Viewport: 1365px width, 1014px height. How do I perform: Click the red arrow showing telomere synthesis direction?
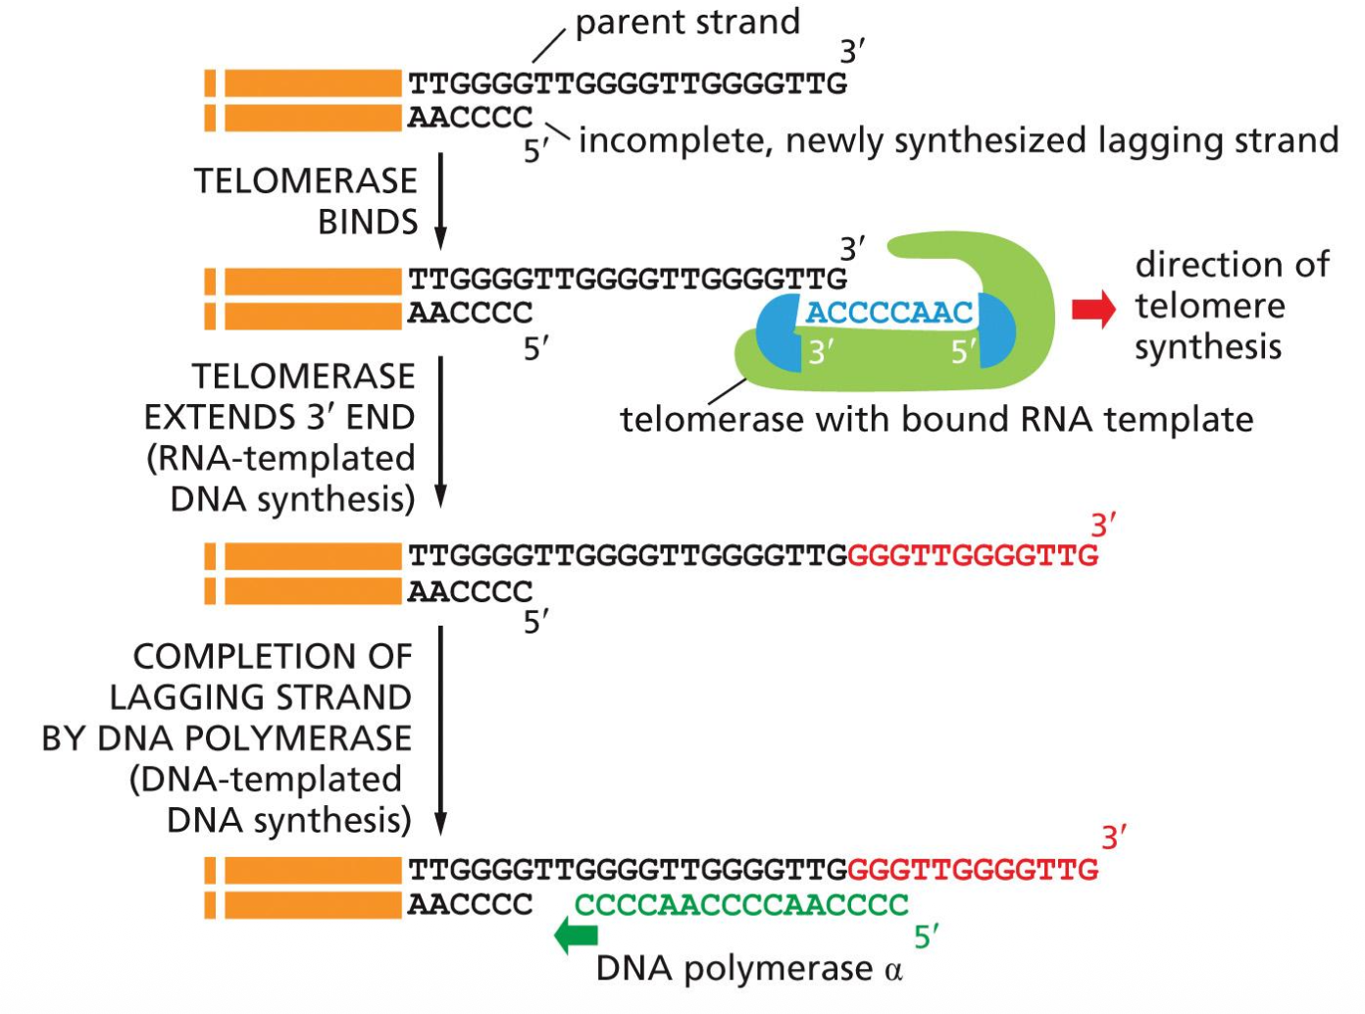coord(1093,310)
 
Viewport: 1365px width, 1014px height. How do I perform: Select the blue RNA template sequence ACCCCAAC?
coord(888,313)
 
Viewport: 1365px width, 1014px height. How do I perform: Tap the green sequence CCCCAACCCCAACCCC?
coord(741,904)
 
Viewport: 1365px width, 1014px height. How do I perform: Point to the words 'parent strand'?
coord(687,23)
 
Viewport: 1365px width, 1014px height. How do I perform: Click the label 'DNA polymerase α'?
coord(748,969)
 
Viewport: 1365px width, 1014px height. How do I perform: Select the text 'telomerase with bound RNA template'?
coord(936,420)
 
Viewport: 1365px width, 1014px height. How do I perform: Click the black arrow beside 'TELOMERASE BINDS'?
coord(440,200)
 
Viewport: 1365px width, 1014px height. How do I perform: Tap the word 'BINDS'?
coord(368,223)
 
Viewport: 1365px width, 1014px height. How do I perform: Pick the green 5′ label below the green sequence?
coord(926,938)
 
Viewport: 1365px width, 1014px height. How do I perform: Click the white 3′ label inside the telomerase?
coord(821,352)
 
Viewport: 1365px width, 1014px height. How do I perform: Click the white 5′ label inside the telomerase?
coord(963,352)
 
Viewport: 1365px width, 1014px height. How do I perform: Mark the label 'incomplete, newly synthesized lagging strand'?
coord(958,141)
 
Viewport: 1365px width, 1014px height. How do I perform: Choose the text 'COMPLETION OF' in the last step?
coord(273,656)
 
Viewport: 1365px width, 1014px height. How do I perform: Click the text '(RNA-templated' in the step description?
coord(280,458)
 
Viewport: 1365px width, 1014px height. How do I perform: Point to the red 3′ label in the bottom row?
coord(1113,837)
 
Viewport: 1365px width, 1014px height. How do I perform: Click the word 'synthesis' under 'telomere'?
coord(1208,347)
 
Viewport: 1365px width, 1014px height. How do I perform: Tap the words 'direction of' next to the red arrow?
coord(1232,265)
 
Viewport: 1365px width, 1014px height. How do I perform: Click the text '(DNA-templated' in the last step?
coord(265,779)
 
